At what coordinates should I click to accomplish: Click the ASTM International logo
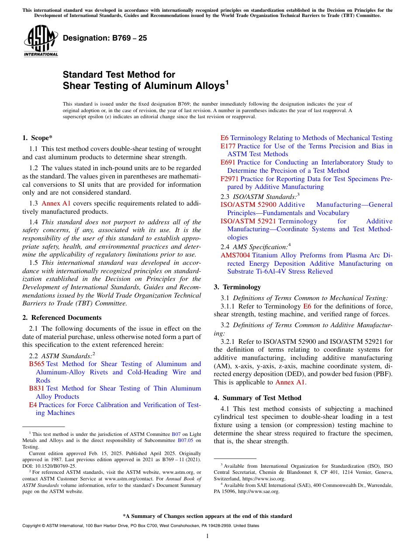click(41, 41)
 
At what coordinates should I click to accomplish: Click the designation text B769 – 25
click(105, 38)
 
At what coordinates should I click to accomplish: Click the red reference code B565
click(37, 364)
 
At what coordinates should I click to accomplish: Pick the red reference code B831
click(37, 388)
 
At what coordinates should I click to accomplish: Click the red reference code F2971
click(230, 179)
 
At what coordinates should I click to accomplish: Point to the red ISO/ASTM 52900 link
click(248, 205)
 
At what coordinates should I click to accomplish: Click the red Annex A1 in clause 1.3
click(56, 203)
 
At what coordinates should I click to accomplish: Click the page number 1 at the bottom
click(207, 536)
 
